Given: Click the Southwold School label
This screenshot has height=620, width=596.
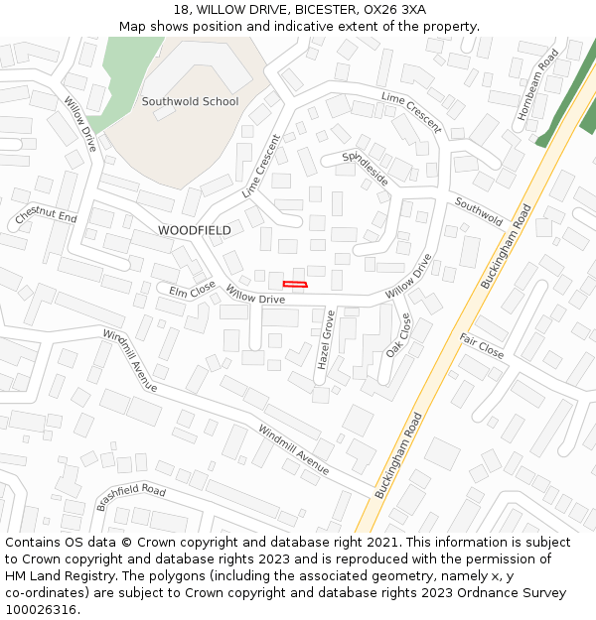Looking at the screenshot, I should click(x=190, y=101).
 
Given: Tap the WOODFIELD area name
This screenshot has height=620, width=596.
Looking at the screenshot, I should click(x=194, y=230).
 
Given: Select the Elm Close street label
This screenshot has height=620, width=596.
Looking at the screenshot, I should click(x=193, y=290).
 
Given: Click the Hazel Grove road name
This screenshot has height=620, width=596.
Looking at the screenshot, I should click(x=325, y=339).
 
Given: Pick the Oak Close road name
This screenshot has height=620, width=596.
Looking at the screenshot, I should click(x=398, y=335).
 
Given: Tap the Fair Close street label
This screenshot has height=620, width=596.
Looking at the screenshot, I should click(x=482, y=345).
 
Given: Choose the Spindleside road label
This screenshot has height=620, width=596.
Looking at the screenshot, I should click(x=366, y=169).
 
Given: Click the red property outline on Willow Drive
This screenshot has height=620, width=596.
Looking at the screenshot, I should click(x=295, y=285).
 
